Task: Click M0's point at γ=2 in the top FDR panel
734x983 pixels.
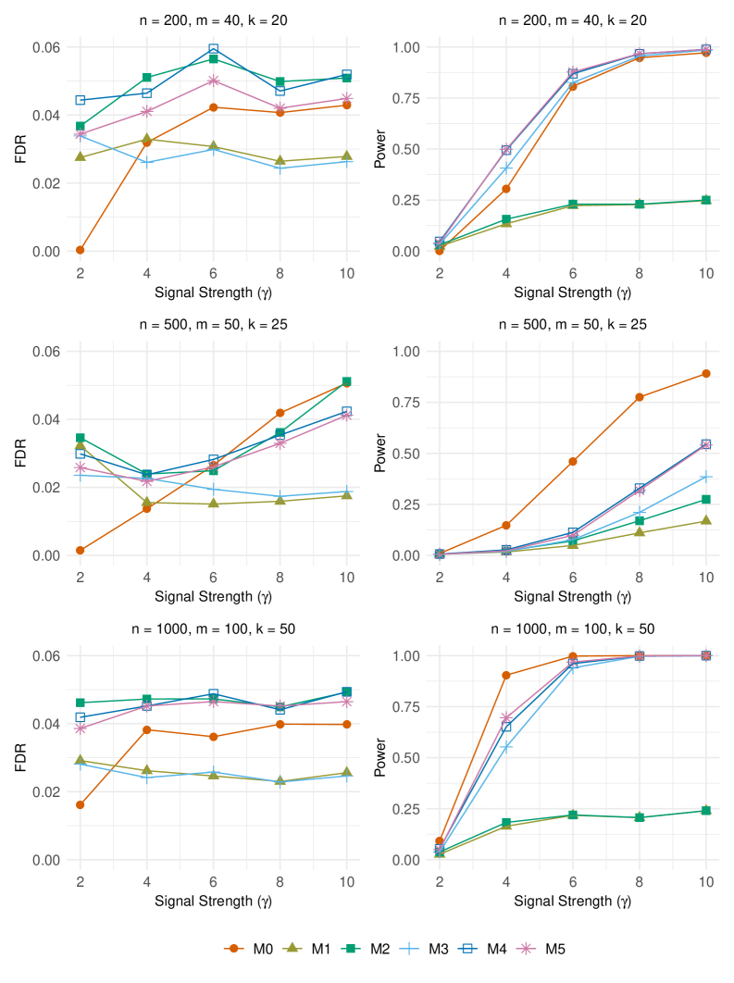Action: point(81,250)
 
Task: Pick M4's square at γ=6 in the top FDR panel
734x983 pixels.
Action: point(214,49)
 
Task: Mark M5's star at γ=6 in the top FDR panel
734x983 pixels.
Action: point(214,81)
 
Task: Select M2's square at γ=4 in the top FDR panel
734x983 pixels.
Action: point(147,78)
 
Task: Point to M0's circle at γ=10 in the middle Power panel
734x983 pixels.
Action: point(705,374)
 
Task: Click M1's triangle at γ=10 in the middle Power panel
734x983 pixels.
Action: point(705,520)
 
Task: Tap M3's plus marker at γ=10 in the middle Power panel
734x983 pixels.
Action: point(705,477)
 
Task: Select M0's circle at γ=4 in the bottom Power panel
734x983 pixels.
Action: point(506,675)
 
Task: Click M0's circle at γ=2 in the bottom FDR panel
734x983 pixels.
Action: point(81,804)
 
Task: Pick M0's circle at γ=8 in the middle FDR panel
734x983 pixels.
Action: point(280,413)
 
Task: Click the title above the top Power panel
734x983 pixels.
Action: point(572,20)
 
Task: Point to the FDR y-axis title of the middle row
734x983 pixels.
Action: point(19,454)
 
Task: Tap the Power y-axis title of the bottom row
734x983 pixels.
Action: point(379,758)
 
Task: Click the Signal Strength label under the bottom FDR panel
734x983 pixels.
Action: point(214,898)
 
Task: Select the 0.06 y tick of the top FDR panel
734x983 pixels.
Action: point(47,47)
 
